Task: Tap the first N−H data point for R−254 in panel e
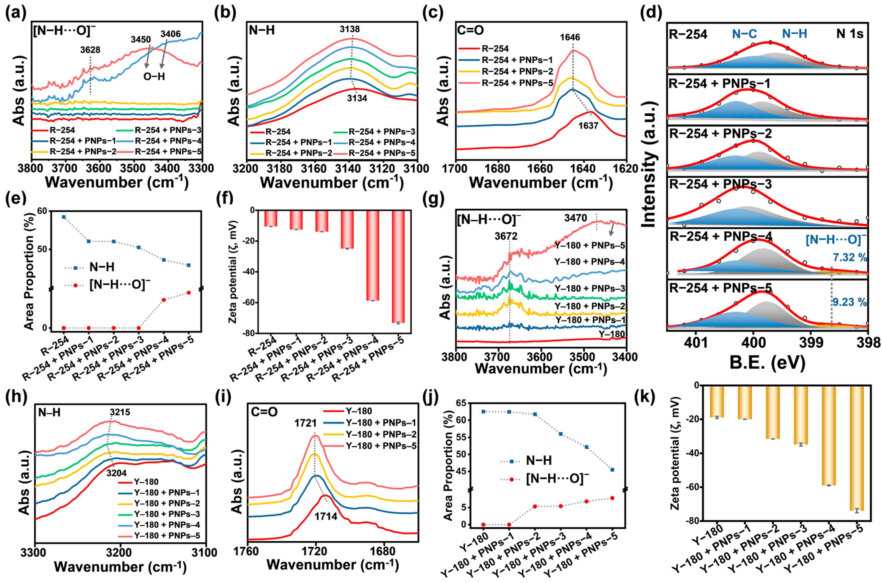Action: (64, 217)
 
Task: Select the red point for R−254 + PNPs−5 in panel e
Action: (189, 293)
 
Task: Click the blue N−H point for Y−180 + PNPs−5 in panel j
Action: (612, 470)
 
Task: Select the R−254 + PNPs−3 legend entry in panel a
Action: (162, 130)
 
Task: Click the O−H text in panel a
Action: (154, 77)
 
